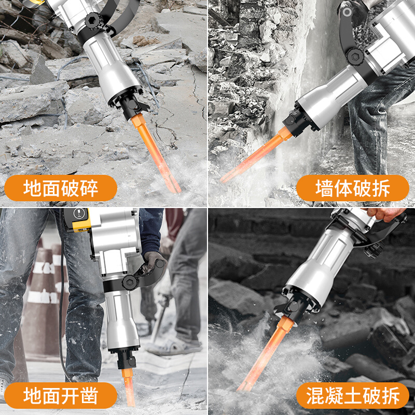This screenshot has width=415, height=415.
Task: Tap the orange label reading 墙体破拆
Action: [x=353, y=188]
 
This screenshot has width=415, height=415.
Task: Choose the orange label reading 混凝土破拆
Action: [x=353, y=396]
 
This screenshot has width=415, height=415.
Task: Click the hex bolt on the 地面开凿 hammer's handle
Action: [x=128, y=282]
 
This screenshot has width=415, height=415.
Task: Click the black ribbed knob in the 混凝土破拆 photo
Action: [x=372, y=249]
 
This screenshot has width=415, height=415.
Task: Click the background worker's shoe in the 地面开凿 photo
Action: [x=176, y=345]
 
